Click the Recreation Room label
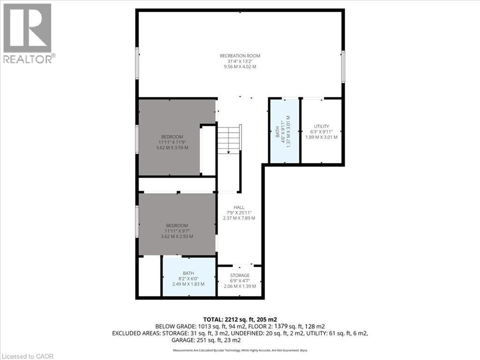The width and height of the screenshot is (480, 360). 240,56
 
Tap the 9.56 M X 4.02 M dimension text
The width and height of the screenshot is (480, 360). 240,67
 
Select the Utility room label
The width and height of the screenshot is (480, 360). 322,126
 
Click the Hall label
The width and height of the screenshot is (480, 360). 239,207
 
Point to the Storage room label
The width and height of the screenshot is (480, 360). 240,275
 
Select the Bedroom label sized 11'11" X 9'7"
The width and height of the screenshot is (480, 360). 177,225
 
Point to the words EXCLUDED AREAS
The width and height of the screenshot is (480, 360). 135,333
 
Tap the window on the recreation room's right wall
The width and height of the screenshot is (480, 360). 343,67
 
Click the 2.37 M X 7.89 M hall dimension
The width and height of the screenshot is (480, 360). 239,218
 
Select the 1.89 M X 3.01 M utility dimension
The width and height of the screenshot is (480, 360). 322,137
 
